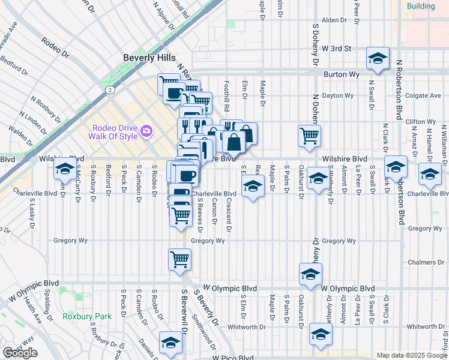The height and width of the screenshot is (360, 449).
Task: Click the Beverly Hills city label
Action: point(149,58)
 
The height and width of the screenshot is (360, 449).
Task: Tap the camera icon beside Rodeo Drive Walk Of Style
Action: point(145,130)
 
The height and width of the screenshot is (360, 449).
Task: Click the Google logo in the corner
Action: point(20,353)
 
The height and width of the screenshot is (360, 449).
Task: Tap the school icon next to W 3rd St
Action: point(377,58)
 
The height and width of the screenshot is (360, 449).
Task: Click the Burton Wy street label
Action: point(341,74)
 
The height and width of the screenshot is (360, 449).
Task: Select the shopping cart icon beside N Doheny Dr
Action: point(309,135)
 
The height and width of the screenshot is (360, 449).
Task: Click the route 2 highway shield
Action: point(110,89)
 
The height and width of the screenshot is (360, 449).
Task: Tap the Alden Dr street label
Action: point(334,20)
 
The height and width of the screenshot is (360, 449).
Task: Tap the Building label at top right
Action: point(420,6)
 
